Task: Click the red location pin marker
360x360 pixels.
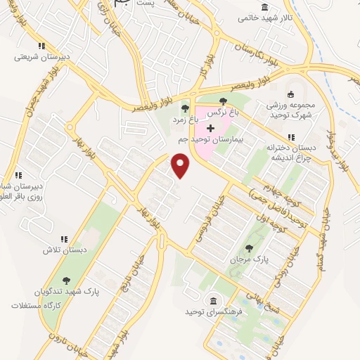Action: (181, 165)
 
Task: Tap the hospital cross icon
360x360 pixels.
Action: (210, 128)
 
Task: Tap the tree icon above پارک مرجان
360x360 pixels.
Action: (248, 248)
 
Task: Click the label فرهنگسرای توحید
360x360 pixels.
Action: (214, 310)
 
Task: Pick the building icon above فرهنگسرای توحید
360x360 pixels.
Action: (214, 298)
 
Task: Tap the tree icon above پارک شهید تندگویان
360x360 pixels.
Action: (66, 280)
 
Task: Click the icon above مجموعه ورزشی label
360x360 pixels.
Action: (290, 94)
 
